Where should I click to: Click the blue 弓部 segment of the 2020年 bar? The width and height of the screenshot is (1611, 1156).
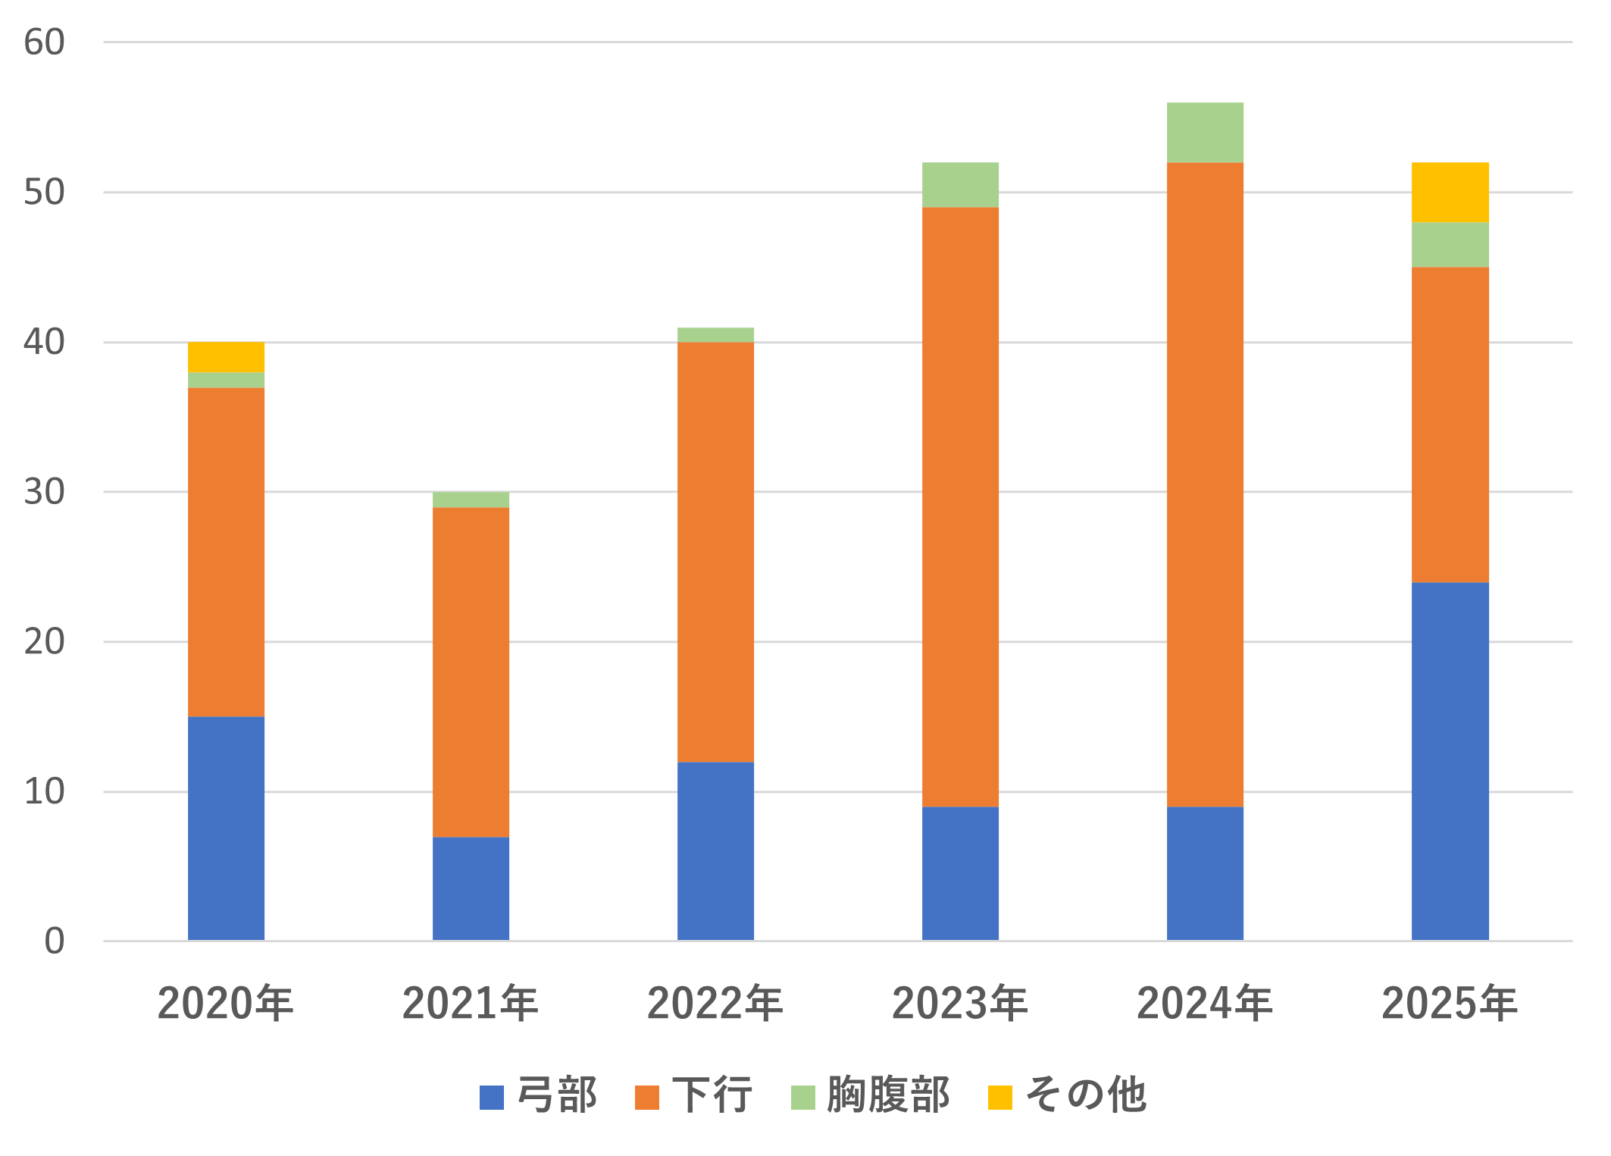(226, 829)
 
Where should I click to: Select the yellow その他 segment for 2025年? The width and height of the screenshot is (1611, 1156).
(1450, 193)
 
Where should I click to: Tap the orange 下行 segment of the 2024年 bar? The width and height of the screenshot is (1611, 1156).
(1205, 485)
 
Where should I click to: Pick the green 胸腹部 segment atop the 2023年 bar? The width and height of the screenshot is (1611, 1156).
(960, 185)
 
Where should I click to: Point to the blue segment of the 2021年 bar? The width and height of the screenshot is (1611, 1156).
(471, 888)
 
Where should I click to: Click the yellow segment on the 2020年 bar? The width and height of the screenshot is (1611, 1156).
(226, 358)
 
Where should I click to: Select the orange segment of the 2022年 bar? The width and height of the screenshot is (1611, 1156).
(715, 553)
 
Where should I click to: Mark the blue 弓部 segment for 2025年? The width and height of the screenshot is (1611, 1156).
(1450, 761)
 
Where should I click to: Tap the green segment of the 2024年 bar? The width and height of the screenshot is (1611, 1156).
(1205, 133)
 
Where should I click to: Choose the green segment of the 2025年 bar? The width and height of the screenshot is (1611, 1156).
(1450, 245)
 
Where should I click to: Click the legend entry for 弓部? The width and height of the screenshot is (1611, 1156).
(539, 1095)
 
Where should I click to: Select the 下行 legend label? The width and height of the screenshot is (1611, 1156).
(694, 1095)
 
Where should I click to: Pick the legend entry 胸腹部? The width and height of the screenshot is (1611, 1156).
(871, 1095)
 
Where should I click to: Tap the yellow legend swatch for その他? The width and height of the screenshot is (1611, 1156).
(1000, 1098)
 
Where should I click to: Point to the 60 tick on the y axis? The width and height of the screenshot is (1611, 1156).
(44, 42)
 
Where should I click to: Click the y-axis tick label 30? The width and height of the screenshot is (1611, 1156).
(44, 492)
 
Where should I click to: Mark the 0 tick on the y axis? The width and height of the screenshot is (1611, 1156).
(55, 941)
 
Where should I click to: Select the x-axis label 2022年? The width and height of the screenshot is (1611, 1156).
(715, 1004)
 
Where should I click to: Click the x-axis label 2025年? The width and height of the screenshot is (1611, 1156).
(1450, 1004)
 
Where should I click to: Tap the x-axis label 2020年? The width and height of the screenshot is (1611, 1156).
(226, 1004)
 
